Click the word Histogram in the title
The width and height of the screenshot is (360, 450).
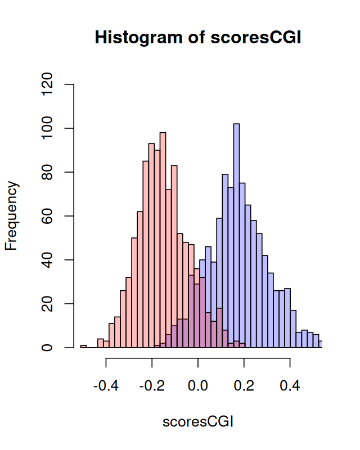tap(141, 38)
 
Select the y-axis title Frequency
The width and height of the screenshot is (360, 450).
tap(12, 216)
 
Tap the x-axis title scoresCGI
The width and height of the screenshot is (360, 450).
tap(197, 421)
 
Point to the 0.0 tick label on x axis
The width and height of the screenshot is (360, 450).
tap(197, 387)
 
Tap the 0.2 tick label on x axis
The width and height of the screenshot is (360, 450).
tap(244, 387)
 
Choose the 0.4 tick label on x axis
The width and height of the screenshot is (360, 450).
tap(290, 387)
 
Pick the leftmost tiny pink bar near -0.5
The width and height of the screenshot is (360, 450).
tap(83, 346)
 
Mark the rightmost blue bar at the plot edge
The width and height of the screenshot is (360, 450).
tap(321, 344)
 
